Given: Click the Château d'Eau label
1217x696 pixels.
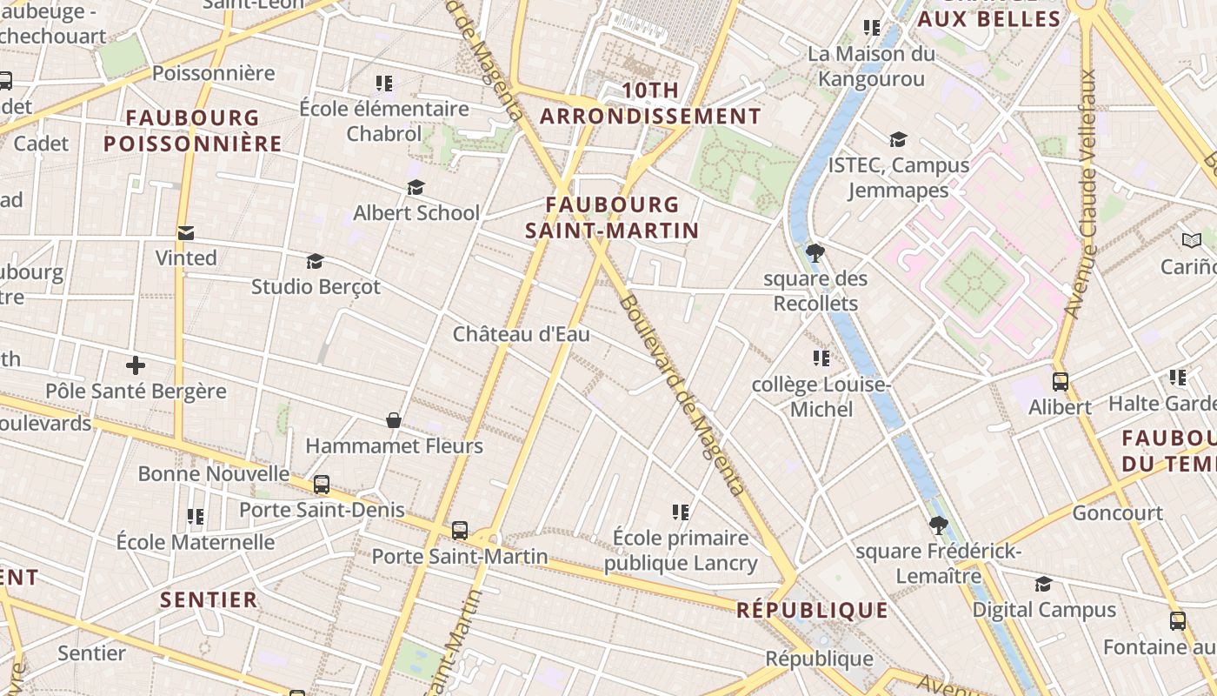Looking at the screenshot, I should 521,334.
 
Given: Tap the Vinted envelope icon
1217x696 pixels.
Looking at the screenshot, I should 185,233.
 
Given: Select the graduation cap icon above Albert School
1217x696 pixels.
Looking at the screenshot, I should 416,188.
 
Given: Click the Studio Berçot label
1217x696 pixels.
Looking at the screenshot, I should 316,286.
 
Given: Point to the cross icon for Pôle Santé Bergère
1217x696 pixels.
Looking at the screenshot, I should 136,365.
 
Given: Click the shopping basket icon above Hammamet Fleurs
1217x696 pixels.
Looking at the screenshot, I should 394,421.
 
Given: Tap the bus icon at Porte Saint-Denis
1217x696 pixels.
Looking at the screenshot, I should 322,485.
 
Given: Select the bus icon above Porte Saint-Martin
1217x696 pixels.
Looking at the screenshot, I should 460,530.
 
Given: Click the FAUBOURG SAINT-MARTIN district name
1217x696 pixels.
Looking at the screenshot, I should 612,217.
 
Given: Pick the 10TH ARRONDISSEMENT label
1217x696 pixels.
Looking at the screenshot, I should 650,104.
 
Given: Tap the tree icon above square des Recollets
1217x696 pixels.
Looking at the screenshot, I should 815,253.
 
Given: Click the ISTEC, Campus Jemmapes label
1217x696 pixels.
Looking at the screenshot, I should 898,177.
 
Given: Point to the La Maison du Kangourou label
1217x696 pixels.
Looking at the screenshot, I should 871,66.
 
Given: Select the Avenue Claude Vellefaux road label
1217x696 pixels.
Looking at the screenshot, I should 1081,193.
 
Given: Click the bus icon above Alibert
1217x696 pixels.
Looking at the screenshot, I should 1060,381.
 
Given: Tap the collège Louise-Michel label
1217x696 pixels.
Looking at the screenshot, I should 821,397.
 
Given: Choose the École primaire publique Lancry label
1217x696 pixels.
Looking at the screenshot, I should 681,550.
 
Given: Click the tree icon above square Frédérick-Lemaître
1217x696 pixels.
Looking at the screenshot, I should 938,525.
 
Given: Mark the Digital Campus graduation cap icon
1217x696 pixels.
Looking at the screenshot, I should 1043,584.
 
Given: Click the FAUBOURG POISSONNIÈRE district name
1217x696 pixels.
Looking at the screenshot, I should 193,130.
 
